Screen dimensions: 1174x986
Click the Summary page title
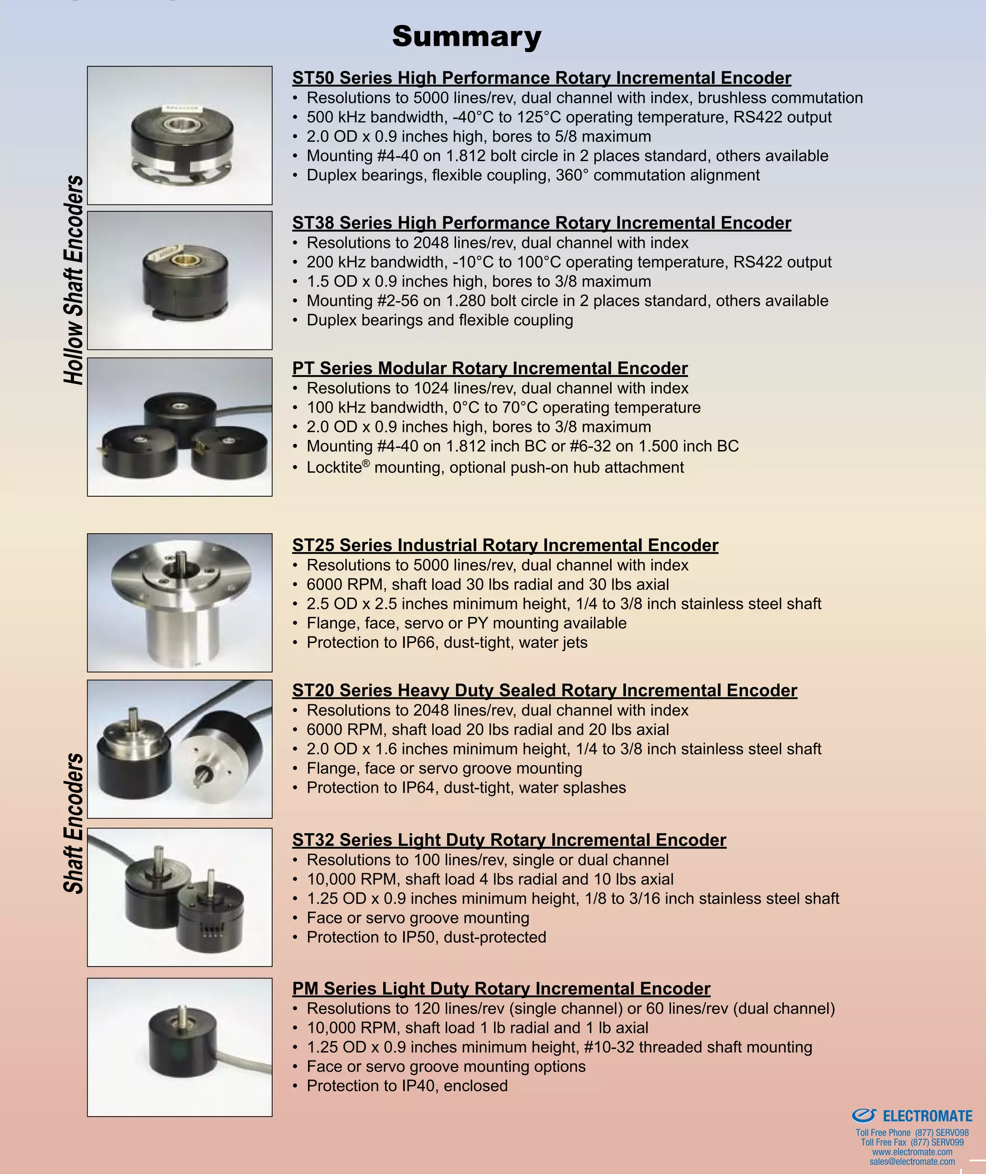point(467,37)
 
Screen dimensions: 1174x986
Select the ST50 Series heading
point(541,77)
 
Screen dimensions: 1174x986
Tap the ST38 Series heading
point(541,222)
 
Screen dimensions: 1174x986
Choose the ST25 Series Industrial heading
point(505,544)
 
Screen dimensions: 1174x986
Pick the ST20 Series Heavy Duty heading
point(544,690)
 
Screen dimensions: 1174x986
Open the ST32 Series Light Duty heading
point(509,839)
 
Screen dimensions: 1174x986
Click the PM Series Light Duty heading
point(501,988)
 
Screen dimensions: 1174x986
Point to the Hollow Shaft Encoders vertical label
point(74,280)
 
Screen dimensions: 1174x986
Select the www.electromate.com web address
point(912,1152)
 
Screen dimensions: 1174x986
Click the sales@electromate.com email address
point(912,1161)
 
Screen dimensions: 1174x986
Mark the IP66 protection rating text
point(418,642)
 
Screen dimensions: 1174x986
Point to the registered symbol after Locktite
point(366,464)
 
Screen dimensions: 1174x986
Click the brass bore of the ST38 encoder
point(182,259)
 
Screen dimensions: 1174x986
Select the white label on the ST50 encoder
point(178,108)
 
